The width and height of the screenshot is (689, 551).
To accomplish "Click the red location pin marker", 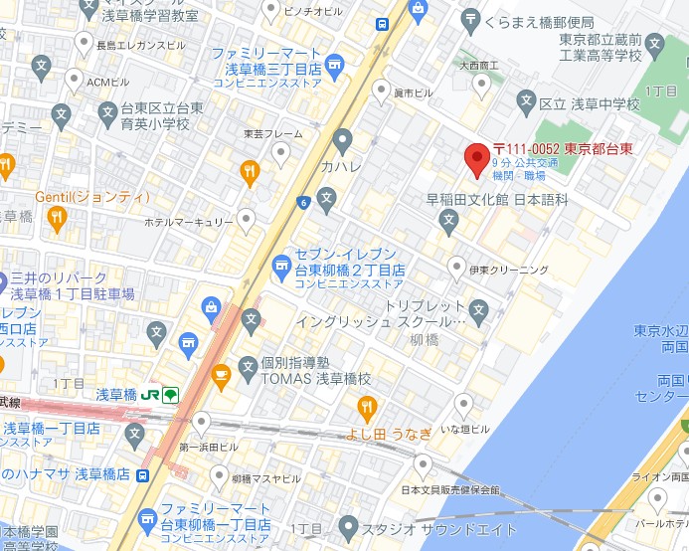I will click(476, 158).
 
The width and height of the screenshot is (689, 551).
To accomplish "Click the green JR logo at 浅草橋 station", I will click(150, 395).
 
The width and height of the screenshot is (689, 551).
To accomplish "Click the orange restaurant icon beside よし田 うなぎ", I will click(367, 406).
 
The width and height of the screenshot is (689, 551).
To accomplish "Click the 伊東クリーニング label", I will click(508, 270).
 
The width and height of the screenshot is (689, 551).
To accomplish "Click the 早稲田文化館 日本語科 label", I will click(497, 200).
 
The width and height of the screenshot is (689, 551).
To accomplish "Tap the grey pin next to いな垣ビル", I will click(462, 404).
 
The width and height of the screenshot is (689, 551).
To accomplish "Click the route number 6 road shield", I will click(301, 203).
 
